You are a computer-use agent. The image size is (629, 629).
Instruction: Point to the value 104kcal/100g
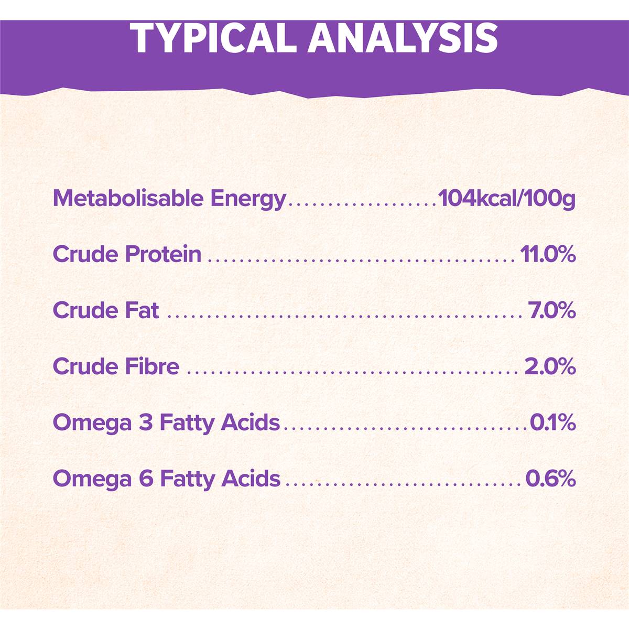507,199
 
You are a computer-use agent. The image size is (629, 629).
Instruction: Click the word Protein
163,254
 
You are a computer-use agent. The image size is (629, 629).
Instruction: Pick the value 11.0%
548,255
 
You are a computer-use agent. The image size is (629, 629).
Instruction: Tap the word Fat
142,310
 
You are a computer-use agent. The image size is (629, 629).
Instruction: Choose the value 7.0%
552,310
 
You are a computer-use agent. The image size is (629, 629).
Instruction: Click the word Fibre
152,366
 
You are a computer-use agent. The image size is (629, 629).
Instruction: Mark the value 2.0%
550,366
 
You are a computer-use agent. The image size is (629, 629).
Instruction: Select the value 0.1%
552,422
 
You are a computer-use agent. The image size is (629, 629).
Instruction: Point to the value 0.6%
550,478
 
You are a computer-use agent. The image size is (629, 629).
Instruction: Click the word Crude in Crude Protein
85,254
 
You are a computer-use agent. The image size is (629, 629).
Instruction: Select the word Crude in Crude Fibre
85,366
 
